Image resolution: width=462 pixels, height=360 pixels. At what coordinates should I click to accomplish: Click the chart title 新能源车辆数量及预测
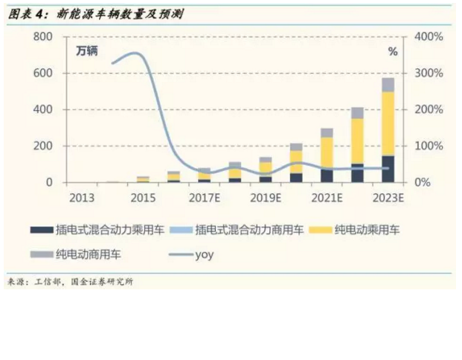pos(120,13)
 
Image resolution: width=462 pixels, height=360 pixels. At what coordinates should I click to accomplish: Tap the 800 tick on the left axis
pos(44,36)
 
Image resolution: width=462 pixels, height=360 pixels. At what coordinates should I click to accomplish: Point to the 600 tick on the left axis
pos(44,73)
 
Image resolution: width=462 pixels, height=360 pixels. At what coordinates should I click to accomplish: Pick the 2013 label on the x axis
pos(81,198)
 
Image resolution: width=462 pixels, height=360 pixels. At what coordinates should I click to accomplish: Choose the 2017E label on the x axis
pos(202,198)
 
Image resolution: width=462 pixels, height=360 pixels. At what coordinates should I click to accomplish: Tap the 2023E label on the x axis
pos(387,198)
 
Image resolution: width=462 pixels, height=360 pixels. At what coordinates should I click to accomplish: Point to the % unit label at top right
pos(393,52)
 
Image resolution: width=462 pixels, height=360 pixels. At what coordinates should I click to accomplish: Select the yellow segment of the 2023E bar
pos(388,123)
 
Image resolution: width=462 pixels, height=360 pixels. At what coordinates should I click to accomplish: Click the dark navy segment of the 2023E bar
pos(388,169)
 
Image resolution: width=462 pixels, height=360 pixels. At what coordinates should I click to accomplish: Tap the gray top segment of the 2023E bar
pos(388,84)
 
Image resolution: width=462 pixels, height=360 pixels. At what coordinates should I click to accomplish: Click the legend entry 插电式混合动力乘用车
pos(109,231)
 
